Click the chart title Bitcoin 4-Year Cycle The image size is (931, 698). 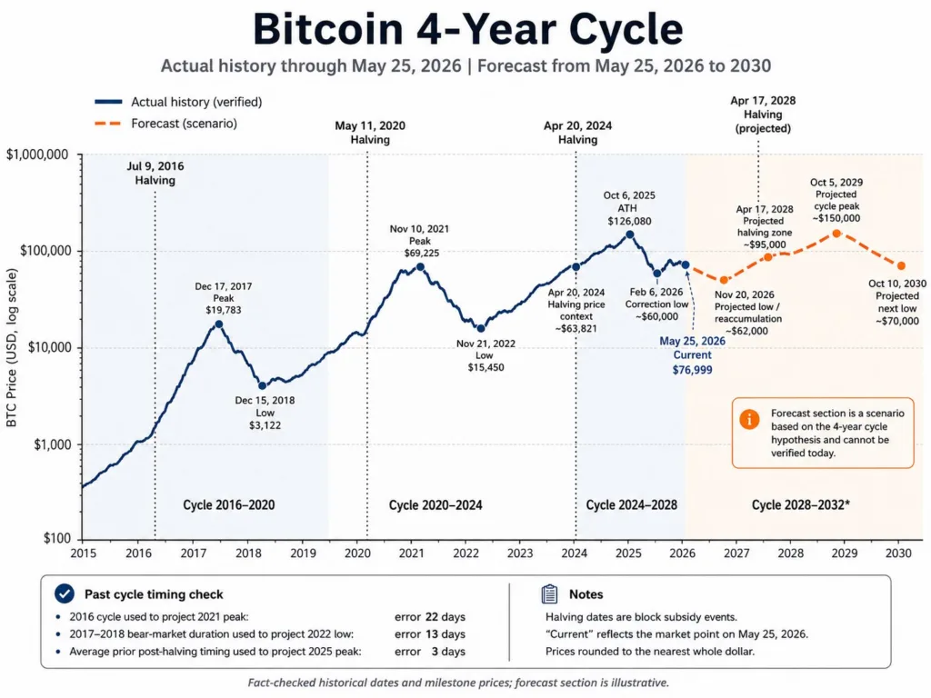468,28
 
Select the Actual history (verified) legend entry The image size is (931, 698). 178,102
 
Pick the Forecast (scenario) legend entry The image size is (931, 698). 165,124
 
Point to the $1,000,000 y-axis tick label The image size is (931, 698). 36,155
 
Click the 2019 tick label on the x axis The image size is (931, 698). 303,553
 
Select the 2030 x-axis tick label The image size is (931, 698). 898,553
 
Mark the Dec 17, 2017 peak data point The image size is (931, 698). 219,324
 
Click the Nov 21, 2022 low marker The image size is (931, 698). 481,328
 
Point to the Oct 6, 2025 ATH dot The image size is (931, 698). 630,234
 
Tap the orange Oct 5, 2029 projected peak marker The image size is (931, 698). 836,234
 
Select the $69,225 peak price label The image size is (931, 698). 422,253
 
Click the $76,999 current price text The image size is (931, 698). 692,370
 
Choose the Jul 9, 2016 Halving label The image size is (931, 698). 155,174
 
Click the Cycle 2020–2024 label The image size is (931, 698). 435,505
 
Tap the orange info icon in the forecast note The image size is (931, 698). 749,419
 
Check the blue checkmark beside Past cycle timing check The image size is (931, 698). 65,593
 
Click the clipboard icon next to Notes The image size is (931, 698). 550,593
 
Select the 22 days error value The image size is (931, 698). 445,617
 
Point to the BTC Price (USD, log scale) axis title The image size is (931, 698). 12,348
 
